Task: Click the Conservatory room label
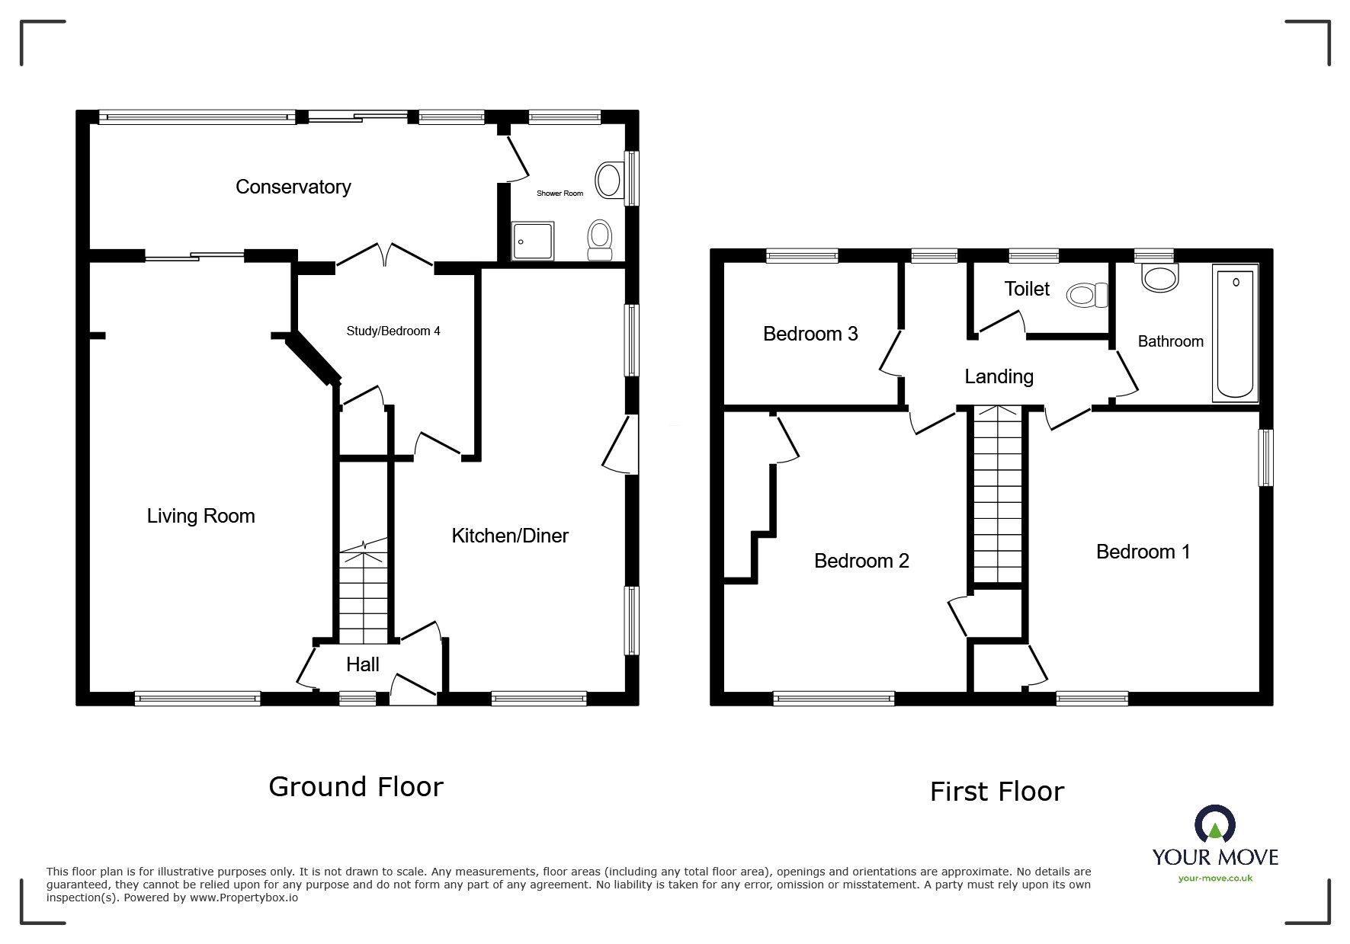(293, 187)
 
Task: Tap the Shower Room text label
(560, 194)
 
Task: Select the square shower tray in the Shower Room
(525, 242)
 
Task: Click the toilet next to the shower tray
(599, 241)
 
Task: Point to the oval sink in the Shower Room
(608, 181)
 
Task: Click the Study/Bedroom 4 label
(393, 331)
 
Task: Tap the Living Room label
(200, 516)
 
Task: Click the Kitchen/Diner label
(510, 536)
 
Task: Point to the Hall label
(363, 664)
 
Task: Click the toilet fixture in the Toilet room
(1088, 295)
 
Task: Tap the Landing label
(999, 376)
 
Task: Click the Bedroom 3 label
(810, 334)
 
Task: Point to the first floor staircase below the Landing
(998, 495)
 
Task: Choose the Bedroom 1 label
(1143, 552)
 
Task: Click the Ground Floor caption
(355, 786)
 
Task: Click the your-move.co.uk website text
(1215, 878)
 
